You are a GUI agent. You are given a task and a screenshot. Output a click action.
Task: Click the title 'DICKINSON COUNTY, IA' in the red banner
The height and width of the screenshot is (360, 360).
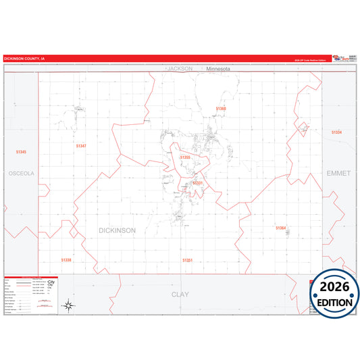[x=25, y=59]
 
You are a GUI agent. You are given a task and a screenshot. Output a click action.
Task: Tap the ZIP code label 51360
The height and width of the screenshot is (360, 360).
[x=221, y=108]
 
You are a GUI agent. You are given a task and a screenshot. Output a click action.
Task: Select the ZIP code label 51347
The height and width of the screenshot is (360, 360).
[x=81, y=146]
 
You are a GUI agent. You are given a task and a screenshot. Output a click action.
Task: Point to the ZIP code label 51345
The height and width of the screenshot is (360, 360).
[x=21, y=153]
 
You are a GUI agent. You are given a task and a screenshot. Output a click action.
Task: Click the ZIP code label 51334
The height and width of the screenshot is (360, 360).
[x=336, y=132]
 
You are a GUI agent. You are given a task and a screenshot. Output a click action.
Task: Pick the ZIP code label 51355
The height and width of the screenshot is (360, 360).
[x=186, y=157]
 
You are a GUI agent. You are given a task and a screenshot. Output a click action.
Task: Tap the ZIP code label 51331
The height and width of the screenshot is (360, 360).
[x=197, y=183]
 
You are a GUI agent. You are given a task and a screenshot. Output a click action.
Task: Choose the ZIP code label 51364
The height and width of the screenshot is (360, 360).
[x=281, y=228]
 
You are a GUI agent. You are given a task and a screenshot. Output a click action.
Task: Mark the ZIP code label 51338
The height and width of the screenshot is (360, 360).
[x=66, y=259]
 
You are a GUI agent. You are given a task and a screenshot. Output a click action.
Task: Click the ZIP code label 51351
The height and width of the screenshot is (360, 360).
[x=188, y=260]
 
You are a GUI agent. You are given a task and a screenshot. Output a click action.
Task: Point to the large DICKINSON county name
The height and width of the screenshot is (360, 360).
[x=117, y=230]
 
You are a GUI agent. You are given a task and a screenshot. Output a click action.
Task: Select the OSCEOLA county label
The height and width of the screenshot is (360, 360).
[x=21, y=174]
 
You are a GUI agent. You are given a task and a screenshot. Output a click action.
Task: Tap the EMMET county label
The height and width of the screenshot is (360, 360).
[x=338, y=174]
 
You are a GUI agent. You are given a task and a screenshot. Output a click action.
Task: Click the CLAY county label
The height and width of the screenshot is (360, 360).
[x=180, y=294]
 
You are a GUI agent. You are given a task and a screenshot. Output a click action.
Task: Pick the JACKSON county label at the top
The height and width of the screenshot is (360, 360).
[x=180, y=69]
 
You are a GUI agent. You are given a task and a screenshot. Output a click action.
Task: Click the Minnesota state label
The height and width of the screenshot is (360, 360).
[x=219, y=69]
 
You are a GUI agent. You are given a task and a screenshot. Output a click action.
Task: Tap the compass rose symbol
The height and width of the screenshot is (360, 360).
[x=68, y=306]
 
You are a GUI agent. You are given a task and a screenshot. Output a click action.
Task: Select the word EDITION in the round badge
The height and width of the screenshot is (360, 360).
[x=334, y=303]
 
